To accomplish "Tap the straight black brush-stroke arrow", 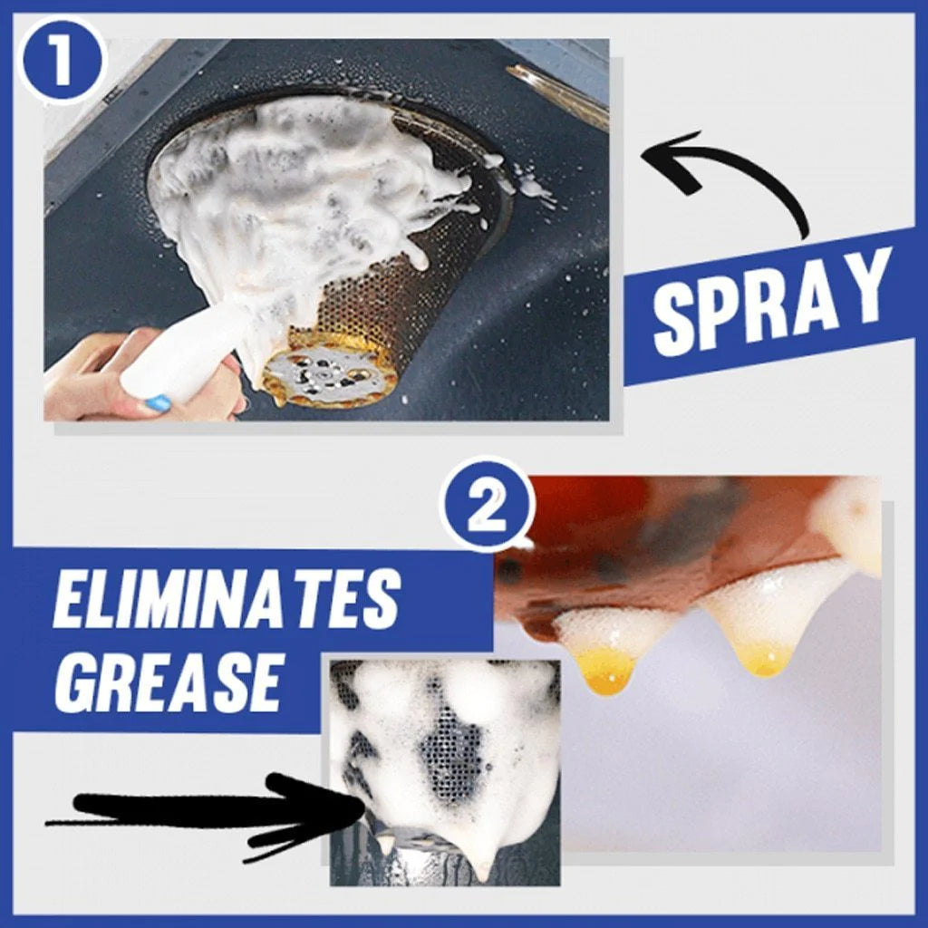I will click(208, 811).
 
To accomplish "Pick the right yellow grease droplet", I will click(766, 662).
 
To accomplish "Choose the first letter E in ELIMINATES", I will click(73, 602).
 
